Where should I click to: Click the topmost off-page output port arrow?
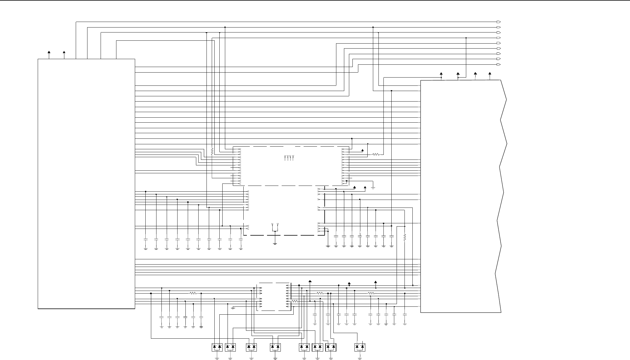click(499, 22)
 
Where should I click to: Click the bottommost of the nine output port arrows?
click(499, 64)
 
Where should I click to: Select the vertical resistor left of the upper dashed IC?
click(212, 151)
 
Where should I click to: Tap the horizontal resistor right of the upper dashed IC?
click(376, 154)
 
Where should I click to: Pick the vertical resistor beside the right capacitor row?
click(405, 237)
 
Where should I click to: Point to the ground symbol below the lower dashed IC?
click(275, 243)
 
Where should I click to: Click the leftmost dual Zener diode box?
click(217, 347)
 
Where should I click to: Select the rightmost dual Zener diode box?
click(360, 347)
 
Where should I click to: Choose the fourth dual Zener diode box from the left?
click(275, 347)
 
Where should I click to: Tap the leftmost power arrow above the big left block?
click(49, 52)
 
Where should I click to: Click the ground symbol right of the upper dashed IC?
click(373, 188)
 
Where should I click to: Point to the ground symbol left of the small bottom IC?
click(233, 308)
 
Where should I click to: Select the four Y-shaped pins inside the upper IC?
click(289, 158)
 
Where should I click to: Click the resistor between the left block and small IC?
click(193, 293)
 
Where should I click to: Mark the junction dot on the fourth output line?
click(466, 38)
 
